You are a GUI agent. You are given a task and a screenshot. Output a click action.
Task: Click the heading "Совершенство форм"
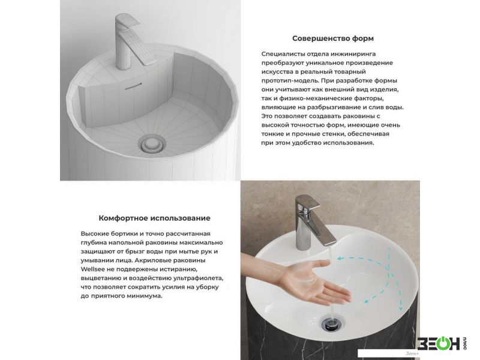click(333, 38)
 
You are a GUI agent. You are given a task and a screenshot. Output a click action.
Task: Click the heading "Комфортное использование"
click(154, 218)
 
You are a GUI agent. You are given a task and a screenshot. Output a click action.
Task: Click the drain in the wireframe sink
click(152, 144)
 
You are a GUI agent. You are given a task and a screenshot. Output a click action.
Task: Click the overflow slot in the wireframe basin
click(133, 86)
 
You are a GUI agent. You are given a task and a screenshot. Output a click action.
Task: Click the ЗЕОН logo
click(440, 343)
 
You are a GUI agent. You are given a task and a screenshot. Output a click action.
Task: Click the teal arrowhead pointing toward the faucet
click(340, 259)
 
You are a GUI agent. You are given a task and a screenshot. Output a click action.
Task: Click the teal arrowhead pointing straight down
click(400, 307)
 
